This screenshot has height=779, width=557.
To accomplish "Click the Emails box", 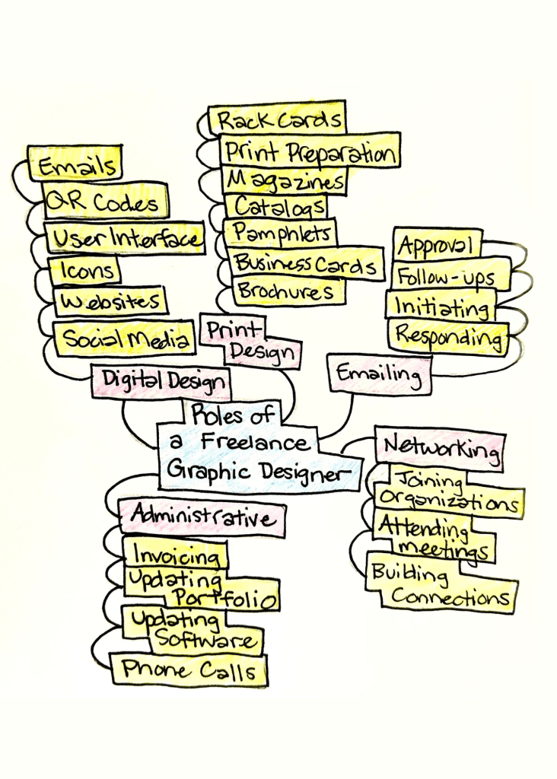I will coord(75,164).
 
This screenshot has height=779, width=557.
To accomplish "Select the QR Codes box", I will coord(105,202).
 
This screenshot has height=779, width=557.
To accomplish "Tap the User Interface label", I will coord(125,238).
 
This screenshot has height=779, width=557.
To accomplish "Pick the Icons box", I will coord(83,270).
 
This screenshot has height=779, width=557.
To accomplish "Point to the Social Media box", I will coord(124,339).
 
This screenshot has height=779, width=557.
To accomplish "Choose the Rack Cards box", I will coord(277,120).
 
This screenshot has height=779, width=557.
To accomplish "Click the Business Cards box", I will coord(304,264).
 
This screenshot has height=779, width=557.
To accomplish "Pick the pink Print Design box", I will coord(248,341).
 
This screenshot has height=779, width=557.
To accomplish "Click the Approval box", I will coord(438,245).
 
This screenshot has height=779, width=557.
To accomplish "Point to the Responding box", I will coord(449,335).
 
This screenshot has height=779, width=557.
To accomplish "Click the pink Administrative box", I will coord(202,518).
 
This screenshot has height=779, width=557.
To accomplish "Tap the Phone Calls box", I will coord(189,669).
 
